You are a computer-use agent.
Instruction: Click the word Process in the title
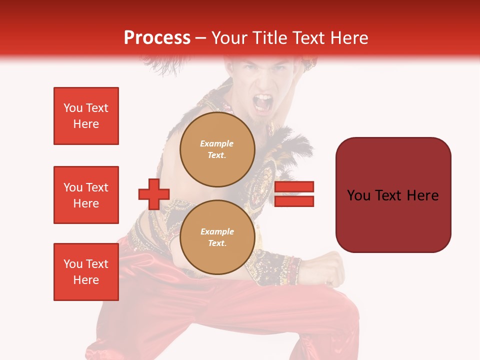coord(157,38)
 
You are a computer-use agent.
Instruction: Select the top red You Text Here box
coord(86,116)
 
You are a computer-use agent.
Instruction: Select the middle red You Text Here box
coord(86,195)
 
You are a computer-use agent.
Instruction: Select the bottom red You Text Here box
coord(86,272)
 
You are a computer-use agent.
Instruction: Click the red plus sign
coord(154,194)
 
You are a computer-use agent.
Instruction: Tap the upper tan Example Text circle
coord(217,149)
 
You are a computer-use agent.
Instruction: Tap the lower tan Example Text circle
coord(217,237)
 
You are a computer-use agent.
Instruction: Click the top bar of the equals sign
coord(294,187)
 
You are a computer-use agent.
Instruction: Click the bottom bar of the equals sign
coord(294,201)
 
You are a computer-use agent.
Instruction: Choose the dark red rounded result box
coord(393,194)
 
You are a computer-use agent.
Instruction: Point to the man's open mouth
coord(263,103)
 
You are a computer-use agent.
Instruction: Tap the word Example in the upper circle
coord(217,143)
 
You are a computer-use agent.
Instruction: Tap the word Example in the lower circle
coord(217,231)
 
